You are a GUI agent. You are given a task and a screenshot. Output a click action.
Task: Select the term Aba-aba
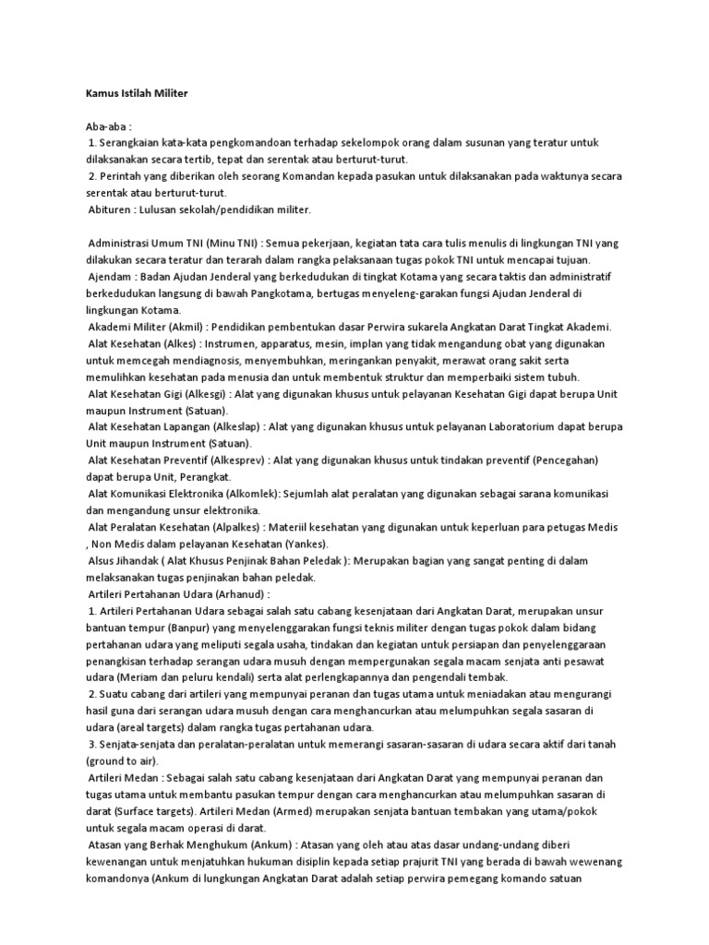(x=106, y=126)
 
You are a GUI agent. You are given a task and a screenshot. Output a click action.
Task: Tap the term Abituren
(x=110, y=209)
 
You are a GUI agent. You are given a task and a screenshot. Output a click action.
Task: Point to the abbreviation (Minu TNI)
(x=234, y=243)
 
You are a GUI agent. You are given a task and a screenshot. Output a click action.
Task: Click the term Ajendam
(x=111, y=277)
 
